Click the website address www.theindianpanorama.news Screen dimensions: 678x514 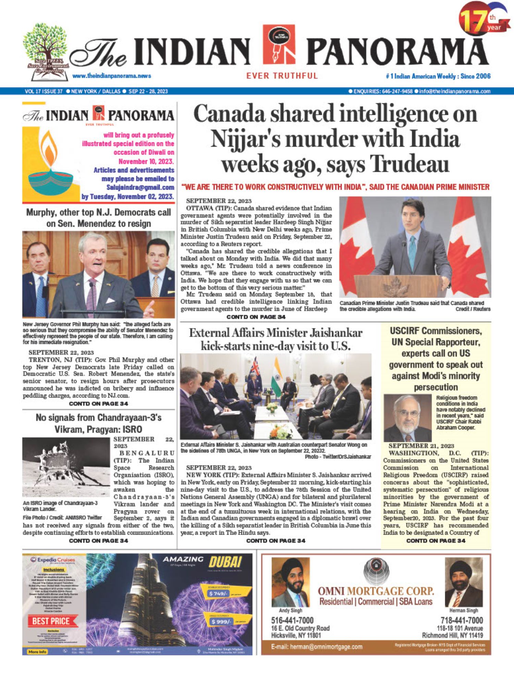(x=112, y=76)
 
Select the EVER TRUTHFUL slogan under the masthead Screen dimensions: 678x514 (x=282, y=76)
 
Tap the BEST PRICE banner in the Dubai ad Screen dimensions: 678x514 (x=51, y=621)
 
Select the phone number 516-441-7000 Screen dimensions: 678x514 (x=292, y=620)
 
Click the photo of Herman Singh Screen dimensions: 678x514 (x=463, y=582)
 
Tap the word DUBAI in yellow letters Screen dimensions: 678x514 (x=225, y=562)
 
